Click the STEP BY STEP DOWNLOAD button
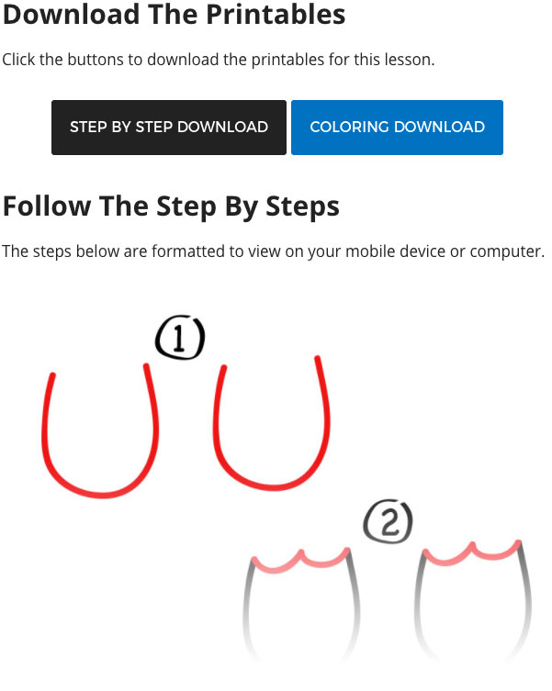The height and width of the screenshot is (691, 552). (x=169, y=128)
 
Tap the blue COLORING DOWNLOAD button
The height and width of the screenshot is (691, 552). (x=397, y=128)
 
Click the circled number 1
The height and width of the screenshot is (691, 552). (x=180, y=337)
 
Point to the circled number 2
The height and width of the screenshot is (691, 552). (x=389, y=521)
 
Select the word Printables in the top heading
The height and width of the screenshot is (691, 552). (x=276, y=15)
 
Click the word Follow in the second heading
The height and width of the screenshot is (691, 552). (x=47, y=206)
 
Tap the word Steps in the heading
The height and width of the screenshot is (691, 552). (x=303, y=207)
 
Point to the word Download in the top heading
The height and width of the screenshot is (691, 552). (x=72, y=14)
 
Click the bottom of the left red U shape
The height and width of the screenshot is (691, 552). (x=102, y=495)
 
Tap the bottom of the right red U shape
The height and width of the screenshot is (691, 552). (x=272, y=486)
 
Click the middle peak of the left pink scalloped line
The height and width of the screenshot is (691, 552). (x=302, y=552)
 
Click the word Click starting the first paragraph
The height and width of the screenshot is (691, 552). (x=18, y=60)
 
